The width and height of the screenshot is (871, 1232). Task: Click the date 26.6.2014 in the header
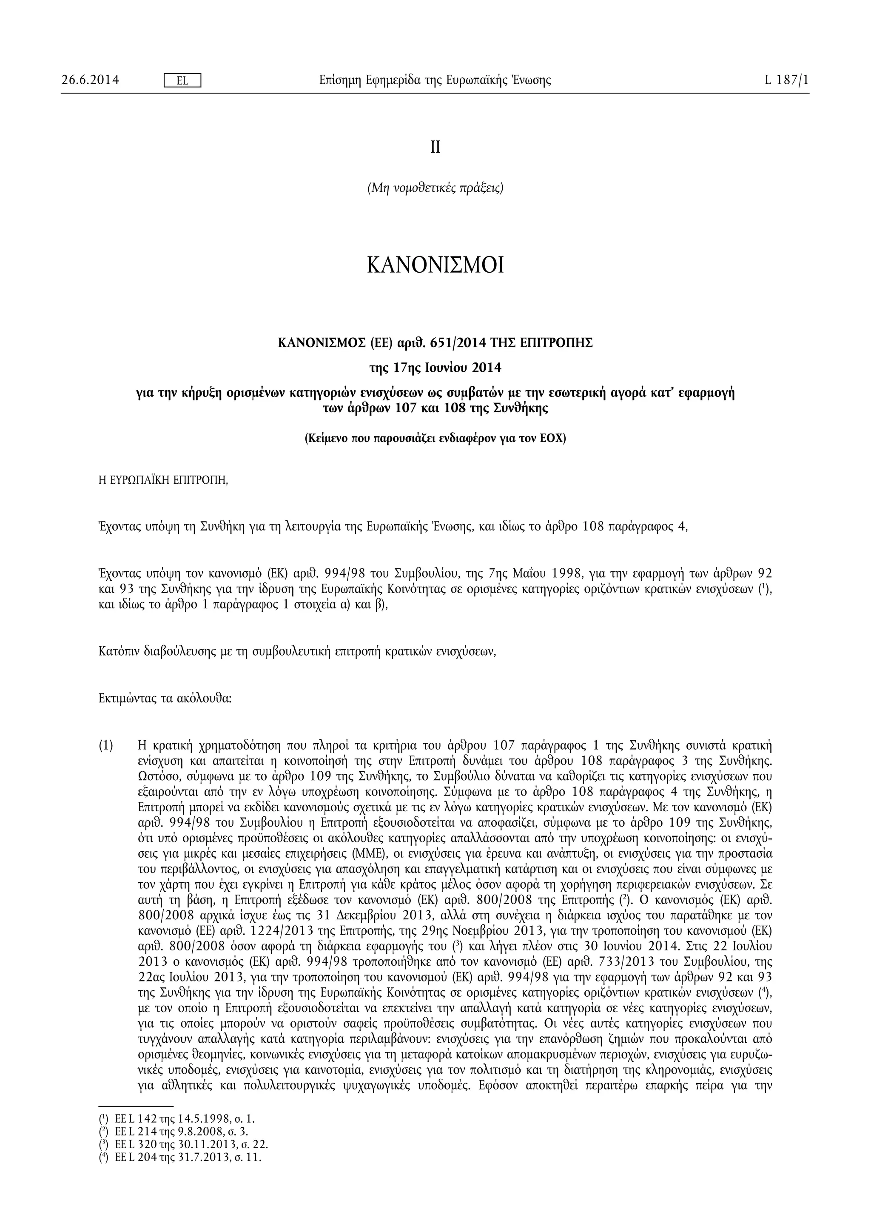click(90, 80)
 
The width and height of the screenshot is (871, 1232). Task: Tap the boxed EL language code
click(182, 80)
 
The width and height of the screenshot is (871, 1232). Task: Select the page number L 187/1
click(787, 80)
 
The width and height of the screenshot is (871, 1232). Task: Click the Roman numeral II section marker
click(435, 148)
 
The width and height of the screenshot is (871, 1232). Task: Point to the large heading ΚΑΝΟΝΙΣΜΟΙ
click(435, 265)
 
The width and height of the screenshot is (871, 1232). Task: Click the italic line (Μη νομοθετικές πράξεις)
click(435, 188)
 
